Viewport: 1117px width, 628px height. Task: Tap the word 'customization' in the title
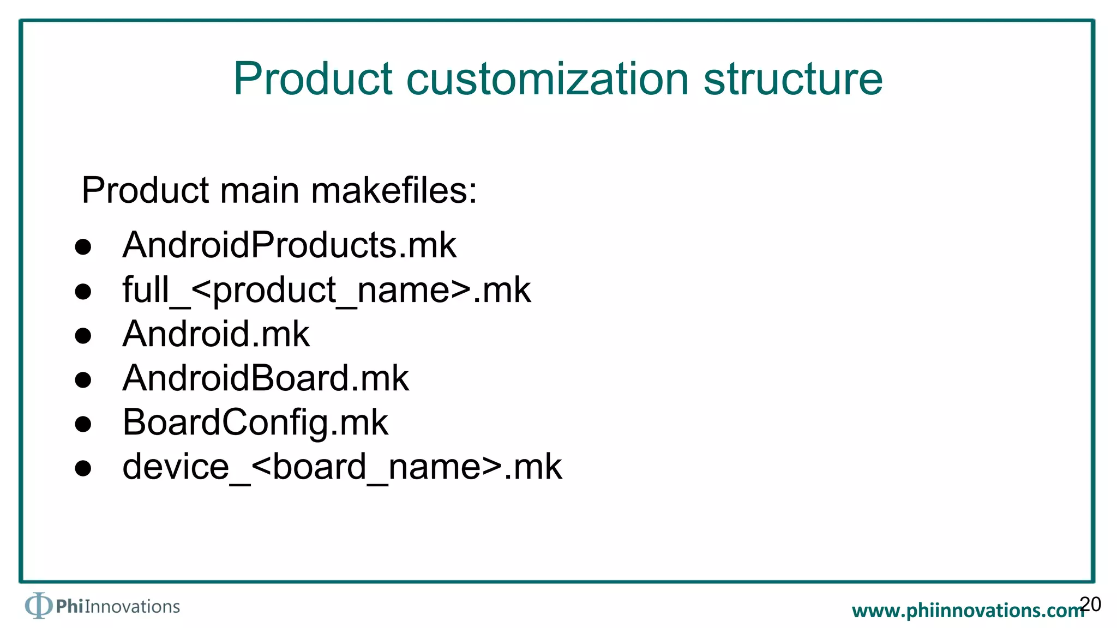tap(548, 79)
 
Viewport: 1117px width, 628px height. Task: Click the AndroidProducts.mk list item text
tap(289, 245)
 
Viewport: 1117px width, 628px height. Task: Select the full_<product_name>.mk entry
tap(326, 290)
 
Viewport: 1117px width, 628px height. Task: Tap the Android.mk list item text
tap(216, 334)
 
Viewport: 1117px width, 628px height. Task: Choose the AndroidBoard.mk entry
tap(265, 378)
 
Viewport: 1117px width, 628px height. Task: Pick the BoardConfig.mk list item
tap(255, 422)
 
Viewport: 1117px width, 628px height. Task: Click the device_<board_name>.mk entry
tap(342, 467)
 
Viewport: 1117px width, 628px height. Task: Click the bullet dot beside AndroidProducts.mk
tap(83, 247)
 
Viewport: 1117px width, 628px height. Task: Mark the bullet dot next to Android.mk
tap(83, 336)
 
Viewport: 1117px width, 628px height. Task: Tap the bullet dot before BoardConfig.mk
tap(83, 424)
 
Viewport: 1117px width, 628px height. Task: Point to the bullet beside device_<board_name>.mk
tap(83, 468)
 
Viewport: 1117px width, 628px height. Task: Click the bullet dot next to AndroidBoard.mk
tap(83, 380)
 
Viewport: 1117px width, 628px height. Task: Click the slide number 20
tap(1090, 604)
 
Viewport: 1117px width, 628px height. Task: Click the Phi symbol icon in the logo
tap(38, 606)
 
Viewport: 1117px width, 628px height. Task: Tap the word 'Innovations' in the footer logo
tap(132, 607)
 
